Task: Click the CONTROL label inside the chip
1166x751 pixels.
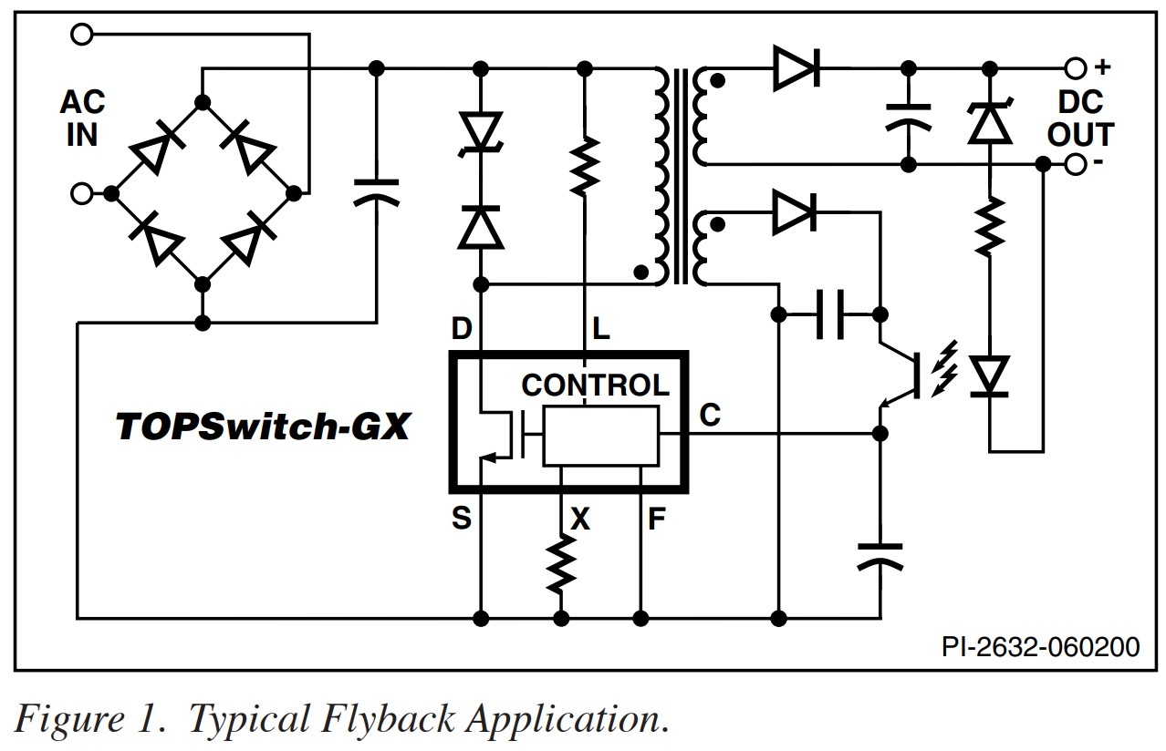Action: [595, 385]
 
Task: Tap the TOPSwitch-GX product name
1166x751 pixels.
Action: [262, 427]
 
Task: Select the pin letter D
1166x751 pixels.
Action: [462, 329]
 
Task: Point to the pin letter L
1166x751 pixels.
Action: [599, 329]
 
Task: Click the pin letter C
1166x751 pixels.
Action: [710, 416]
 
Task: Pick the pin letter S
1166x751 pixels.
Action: [462, 519]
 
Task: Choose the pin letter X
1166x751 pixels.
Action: [580, 520]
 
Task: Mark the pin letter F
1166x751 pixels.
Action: [656, 520]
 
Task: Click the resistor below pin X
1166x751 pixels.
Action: [559, 564]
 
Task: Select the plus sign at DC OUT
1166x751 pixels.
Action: [1103, 67]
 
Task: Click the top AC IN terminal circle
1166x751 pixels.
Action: [82, 35]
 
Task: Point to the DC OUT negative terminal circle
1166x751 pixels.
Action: [1077, 164]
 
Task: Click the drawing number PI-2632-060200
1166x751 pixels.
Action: [1040, 647]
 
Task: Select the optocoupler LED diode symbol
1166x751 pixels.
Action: [990, 375]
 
